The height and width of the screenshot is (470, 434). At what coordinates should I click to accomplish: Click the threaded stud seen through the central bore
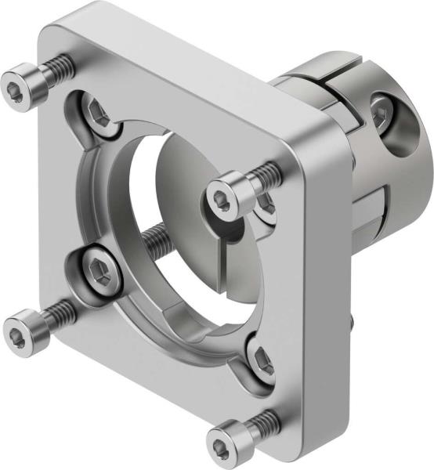click(x=161, y=234)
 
